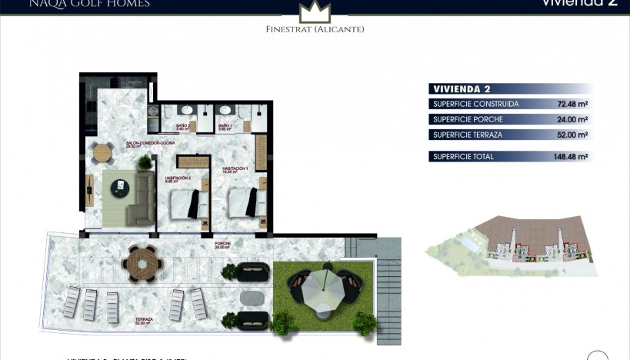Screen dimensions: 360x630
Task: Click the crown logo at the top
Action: coord(315,12)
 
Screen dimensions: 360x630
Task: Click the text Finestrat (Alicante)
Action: coord(315,29)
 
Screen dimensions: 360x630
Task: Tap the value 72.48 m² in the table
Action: coord(572,104)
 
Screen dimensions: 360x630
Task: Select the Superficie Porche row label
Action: coord(468,119)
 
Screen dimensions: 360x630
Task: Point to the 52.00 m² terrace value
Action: coord(572,135)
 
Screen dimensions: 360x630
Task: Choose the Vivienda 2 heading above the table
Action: coord(462,88)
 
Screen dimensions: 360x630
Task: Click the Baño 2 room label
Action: coord(183,126)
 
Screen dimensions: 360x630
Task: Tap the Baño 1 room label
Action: coord(225,126)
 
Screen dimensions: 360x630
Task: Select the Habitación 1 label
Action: coord(235,169)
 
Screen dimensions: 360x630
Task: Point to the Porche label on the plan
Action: coord(223,245)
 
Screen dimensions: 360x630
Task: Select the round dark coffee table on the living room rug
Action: coord(121,186)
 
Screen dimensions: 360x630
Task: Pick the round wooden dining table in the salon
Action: coord(102,152)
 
